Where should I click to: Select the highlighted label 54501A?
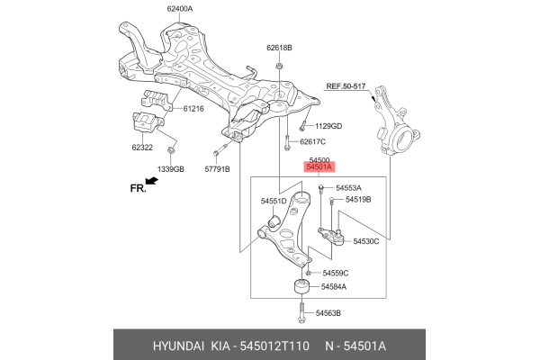pyautogui.click(x=319, y=167)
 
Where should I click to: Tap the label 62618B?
pyautogui.click(x=279, y=47)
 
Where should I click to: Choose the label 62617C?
pyautogui.click(x=311, y=142)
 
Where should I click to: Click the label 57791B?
pyautogui.click(x=216, y=168)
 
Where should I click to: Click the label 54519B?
pyautogui.click(x=356, y=199)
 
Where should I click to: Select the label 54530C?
pyautogui.click(x=366, y=241)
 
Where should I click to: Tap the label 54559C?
pyautogui.click(x=334, y=273)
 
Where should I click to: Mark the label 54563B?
pyautogui.click(x=328, y=312)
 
